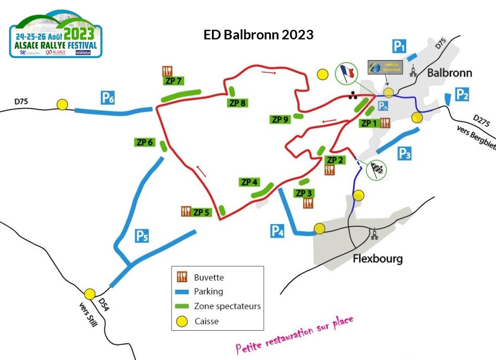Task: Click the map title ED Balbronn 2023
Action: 258,35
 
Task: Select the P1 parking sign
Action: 400,47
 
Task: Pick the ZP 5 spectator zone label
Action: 202,212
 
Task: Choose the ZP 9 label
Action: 280,120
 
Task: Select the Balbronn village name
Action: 450,73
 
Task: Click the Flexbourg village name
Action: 378,260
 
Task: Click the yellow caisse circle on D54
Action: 90,294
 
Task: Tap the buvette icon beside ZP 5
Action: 185,212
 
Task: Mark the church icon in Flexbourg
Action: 374,235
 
